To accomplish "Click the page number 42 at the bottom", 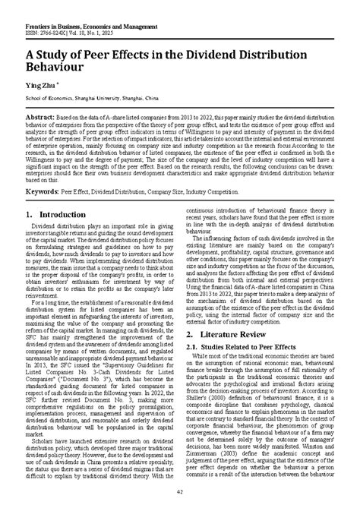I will click(180, 494).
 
